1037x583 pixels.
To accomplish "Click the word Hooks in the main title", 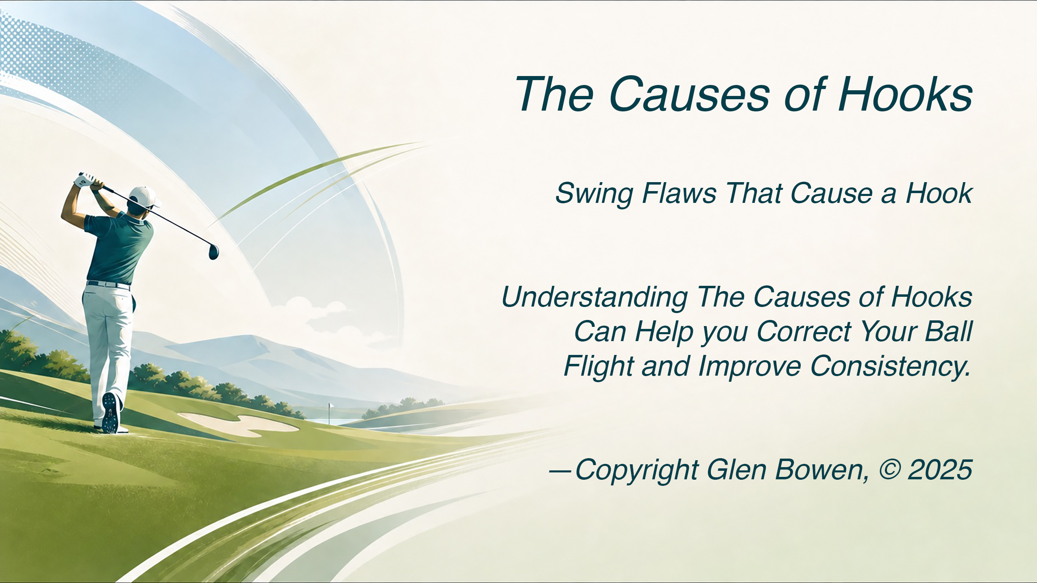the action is coord(905,94).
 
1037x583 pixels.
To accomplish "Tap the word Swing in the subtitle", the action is coord(594,194).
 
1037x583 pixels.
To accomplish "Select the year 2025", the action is coord(940,470).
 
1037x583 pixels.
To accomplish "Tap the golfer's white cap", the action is coord(144,197).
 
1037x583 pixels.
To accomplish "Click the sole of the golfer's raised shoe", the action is coord(111,413).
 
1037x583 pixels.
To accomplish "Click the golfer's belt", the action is coord(109,284).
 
